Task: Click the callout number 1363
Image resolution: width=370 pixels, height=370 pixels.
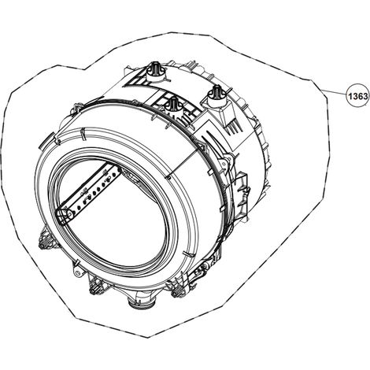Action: [357, 96]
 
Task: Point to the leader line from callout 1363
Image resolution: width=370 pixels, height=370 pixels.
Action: [335, 92]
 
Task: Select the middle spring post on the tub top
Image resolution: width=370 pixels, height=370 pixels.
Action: [172, 105]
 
